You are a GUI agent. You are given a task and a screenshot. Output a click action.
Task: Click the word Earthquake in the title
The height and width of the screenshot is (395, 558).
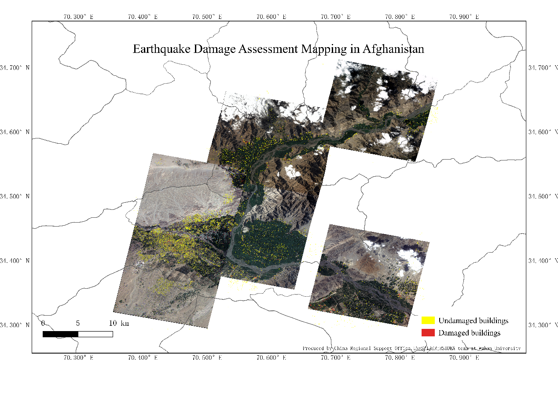tap(161, 49)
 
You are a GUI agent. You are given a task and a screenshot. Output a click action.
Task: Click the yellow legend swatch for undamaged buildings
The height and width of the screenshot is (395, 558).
tap(428, 320)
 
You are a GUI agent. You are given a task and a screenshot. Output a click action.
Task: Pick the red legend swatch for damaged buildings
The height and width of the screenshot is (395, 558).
tap(428, 333)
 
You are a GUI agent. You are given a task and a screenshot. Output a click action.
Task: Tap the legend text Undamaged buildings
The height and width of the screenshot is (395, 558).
tap(473, 320)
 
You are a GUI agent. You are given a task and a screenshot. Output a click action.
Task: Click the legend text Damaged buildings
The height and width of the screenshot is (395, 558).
tap(469, 333)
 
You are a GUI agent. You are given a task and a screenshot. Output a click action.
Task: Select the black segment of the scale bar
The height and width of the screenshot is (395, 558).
tap(60, 334)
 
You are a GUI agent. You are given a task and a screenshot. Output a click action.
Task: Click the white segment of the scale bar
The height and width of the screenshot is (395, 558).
tap(95, 334)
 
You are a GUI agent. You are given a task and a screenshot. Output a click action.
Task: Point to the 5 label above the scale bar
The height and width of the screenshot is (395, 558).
tap(78, 323)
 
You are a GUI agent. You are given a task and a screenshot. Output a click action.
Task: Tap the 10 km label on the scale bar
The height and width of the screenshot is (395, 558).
tap(119, 323)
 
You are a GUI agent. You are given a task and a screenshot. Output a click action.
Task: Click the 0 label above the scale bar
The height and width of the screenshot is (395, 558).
tap(43, 323)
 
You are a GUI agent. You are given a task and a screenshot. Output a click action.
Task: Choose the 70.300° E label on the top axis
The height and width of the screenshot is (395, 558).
tap(78, 17)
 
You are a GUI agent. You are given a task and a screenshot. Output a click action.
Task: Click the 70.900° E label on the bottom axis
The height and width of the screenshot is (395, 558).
tap(464, 358)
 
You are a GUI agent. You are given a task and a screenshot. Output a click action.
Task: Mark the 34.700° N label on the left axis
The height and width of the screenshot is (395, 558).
tap(15, 67)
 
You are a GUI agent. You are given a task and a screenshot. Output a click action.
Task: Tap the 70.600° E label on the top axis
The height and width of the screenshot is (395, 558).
tap(272, 17)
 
